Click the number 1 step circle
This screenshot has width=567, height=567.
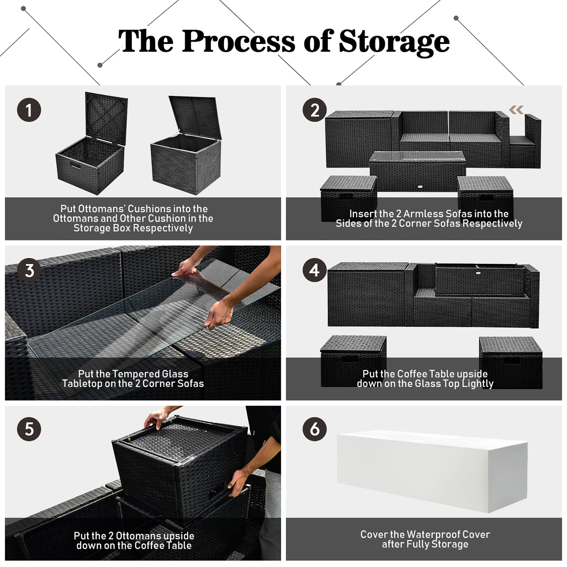tap(29, 110)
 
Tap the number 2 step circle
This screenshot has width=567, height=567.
tap(315, 110)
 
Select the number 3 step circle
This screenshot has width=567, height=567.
tap(29, 270)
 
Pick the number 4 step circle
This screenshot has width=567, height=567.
tap(315, 270)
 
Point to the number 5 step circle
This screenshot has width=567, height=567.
tap(29, 429)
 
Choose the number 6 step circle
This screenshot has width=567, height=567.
tap(315, 429)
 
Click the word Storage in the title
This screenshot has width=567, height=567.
tap(394, 42)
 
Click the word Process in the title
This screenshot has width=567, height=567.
tap(238, 42)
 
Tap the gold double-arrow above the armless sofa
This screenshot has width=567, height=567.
tap(516, 110)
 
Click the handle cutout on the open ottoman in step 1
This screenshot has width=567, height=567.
tap(76, 165)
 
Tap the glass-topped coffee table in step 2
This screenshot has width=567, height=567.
tap(417, 170)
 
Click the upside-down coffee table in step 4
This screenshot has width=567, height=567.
tap(480, 280)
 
